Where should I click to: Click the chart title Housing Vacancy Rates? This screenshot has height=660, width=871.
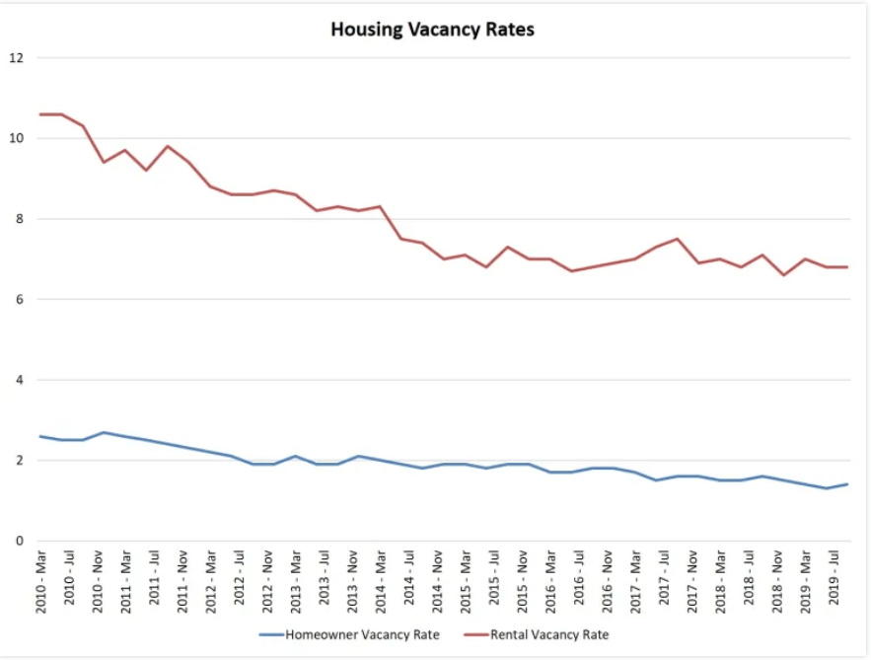[432, 30]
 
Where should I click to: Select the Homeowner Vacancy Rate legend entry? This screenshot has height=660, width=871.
[362, 635]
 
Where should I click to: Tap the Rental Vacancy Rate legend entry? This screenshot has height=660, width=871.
[549, 635]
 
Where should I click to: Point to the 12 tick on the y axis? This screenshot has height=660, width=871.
[15, 57]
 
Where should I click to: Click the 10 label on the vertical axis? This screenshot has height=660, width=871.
[15, 138]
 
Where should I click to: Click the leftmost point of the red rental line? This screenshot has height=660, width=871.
[40, 114]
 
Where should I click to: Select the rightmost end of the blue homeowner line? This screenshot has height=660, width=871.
[847, 484]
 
